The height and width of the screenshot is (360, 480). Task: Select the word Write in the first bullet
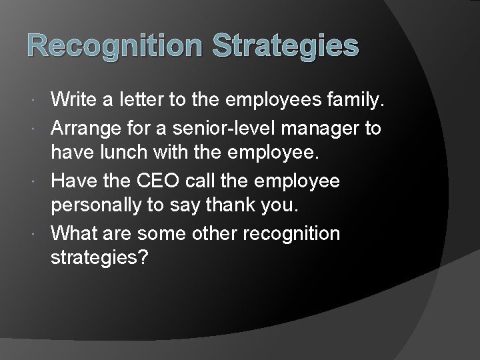click(74, 101)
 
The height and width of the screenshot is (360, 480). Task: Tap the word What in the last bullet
click(72, 233)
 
